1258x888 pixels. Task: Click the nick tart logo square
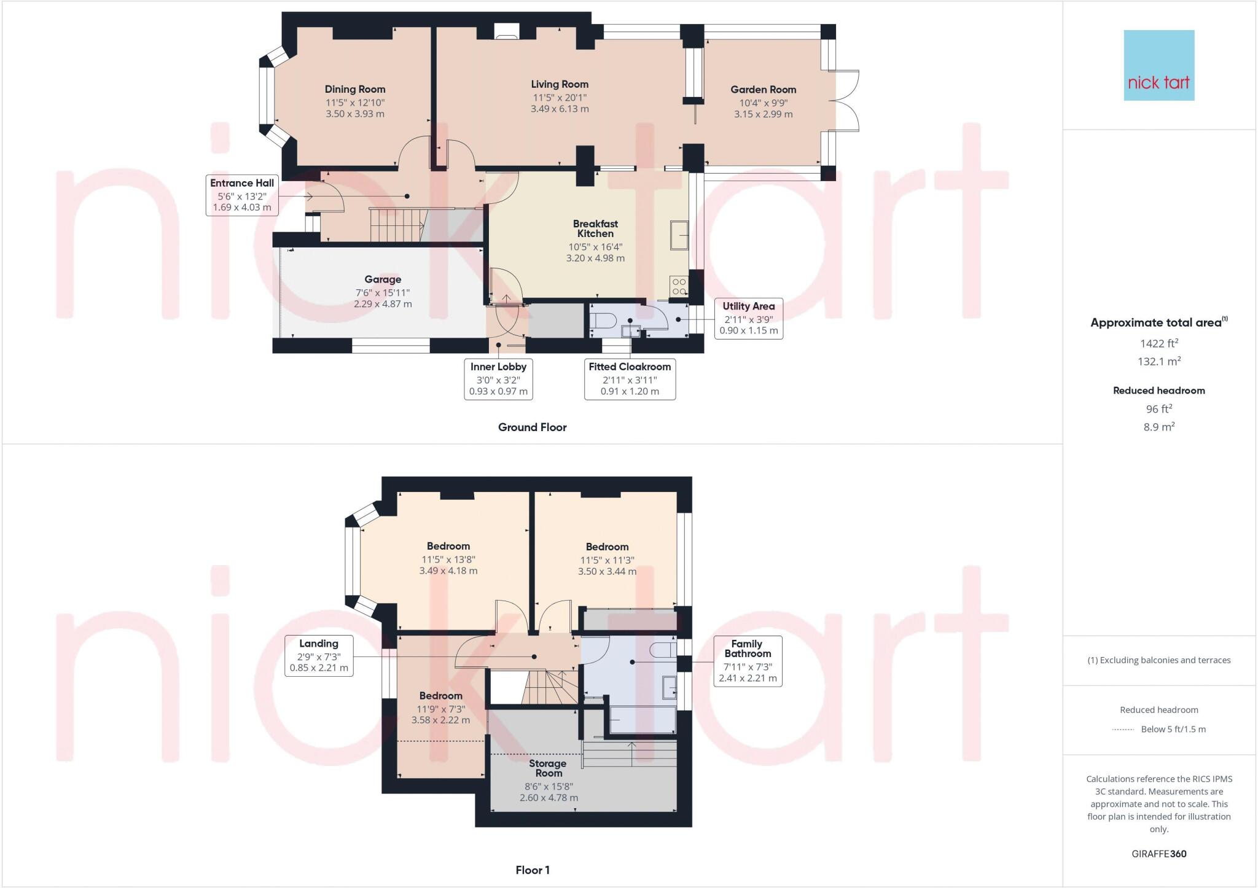(1158, 65)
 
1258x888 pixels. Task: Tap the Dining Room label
(355, 89)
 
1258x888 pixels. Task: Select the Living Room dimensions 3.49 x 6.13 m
(560, 109)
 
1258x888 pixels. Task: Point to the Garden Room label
(763, 90)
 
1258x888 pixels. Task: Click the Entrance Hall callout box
(242, 195)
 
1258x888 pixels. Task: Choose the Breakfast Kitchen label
(595, 228)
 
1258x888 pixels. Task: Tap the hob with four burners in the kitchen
(679, 286)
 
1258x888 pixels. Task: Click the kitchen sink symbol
(679, 236)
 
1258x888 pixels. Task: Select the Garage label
(383, 279)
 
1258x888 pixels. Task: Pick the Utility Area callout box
(748, 318)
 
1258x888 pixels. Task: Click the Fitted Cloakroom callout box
(630, 379)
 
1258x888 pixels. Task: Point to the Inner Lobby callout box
(498, 379)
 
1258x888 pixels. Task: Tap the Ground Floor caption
(532, 427)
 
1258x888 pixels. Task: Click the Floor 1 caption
(533, 870)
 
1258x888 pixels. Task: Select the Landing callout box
(319, 656)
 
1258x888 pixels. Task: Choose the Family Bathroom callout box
(747, 661)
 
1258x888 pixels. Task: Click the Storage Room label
(548, 768)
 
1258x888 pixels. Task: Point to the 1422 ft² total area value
(1158, 344)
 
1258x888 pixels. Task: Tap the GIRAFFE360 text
(1158, 854)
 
